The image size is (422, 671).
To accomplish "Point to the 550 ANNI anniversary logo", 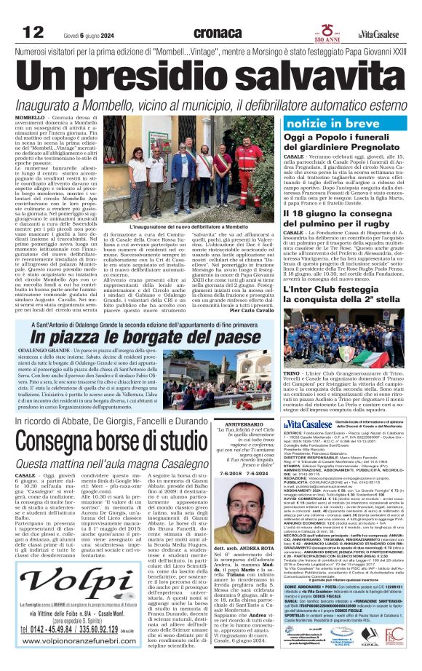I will click(x=324, y=32).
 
